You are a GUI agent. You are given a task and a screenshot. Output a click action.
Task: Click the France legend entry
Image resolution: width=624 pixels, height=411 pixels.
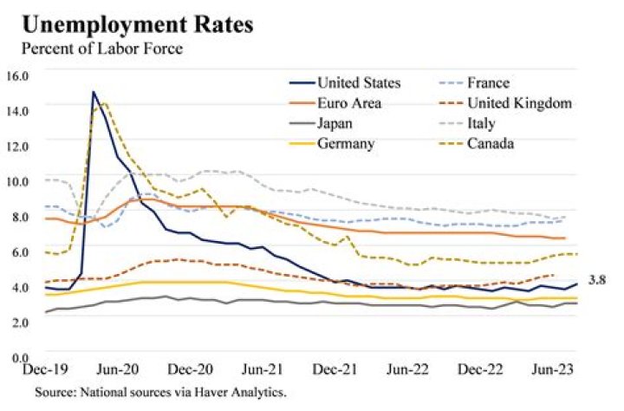(x=491, y=83)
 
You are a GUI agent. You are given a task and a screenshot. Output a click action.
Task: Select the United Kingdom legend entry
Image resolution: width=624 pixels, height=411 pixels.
(x=520, y=103)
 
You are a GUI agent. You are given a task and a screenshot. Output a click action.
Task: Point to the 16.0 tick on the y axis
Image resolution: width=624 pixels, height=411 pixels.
(x=18, y=75)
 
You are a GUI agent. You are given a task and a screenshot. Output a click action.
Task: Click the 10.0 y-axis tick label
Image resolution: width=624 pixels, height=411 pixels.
(x=18, y=180)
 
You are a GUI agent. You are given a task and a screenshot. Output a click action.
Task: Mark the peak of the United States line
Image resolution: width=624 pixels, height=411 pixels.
(x=94, y=92)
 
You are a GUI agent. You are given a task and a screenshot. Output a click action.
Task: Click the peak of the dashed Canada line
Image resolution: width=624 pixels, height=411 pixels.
(x=105, y=103)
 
